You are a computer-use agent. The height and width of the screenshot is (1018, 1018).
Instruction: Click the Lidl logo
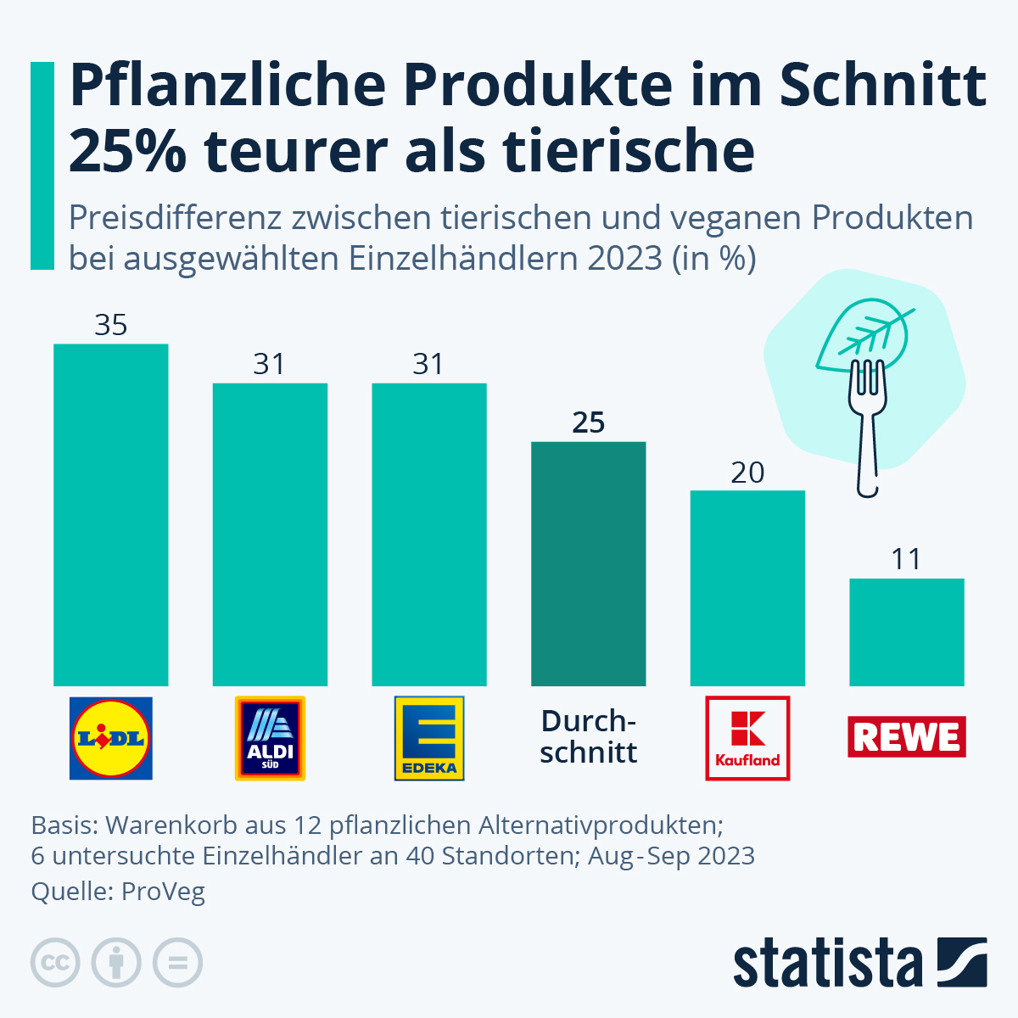[x=111, y=738]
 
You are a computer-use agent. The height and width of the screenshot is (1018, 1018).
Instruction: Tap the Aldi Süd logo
[x=270, y=738]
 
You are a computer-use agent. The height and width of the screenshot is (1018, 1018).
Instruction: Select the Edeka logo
[x=429, y=738]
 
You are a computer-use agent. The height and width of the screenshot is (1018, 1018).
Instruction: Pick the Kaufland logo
[x=747, y=738]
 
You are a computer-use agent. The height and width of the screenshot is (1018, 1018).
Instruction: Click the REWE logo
[x=907, y=736]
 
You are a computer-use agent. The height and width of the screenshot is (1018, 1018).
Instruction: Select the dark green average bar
[x=589, y=564]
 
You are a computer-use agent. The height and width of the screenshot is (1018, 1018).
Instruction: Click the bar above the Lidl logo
[x=111, y=515]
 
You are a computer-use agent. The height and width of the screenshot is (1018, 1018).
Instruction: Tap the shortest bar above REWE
[x=907, y=632]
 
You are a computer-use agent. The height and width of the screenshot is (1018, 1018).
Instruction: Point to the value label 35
[x=111, y=325]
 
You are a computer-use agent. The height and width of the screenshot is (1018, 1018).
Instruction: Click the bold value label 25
[x=589, y=422]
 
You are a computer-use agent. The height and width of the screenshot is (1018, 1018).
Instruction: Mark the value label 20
[x=747, y=473]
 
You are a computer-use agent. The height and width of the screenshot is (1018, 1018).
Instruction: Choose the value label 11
[x=907, y=560]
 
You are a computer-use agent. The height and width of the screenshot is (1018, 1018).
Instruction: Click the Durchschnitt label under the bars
[x=589, y=736]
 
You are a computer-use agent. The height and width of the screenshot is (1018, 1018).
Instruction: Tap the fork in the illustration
[x=867, y=433]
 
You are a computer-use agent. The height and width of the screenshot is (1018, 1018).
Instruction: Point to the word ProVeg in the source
[x=163, y=892]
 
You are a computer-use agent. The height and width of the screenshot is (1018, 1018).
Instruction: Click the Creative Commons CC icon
[x=55, y=964]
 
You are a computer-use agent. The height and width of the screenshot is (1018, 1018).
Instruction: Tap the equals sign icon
[x=177, y=964]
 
